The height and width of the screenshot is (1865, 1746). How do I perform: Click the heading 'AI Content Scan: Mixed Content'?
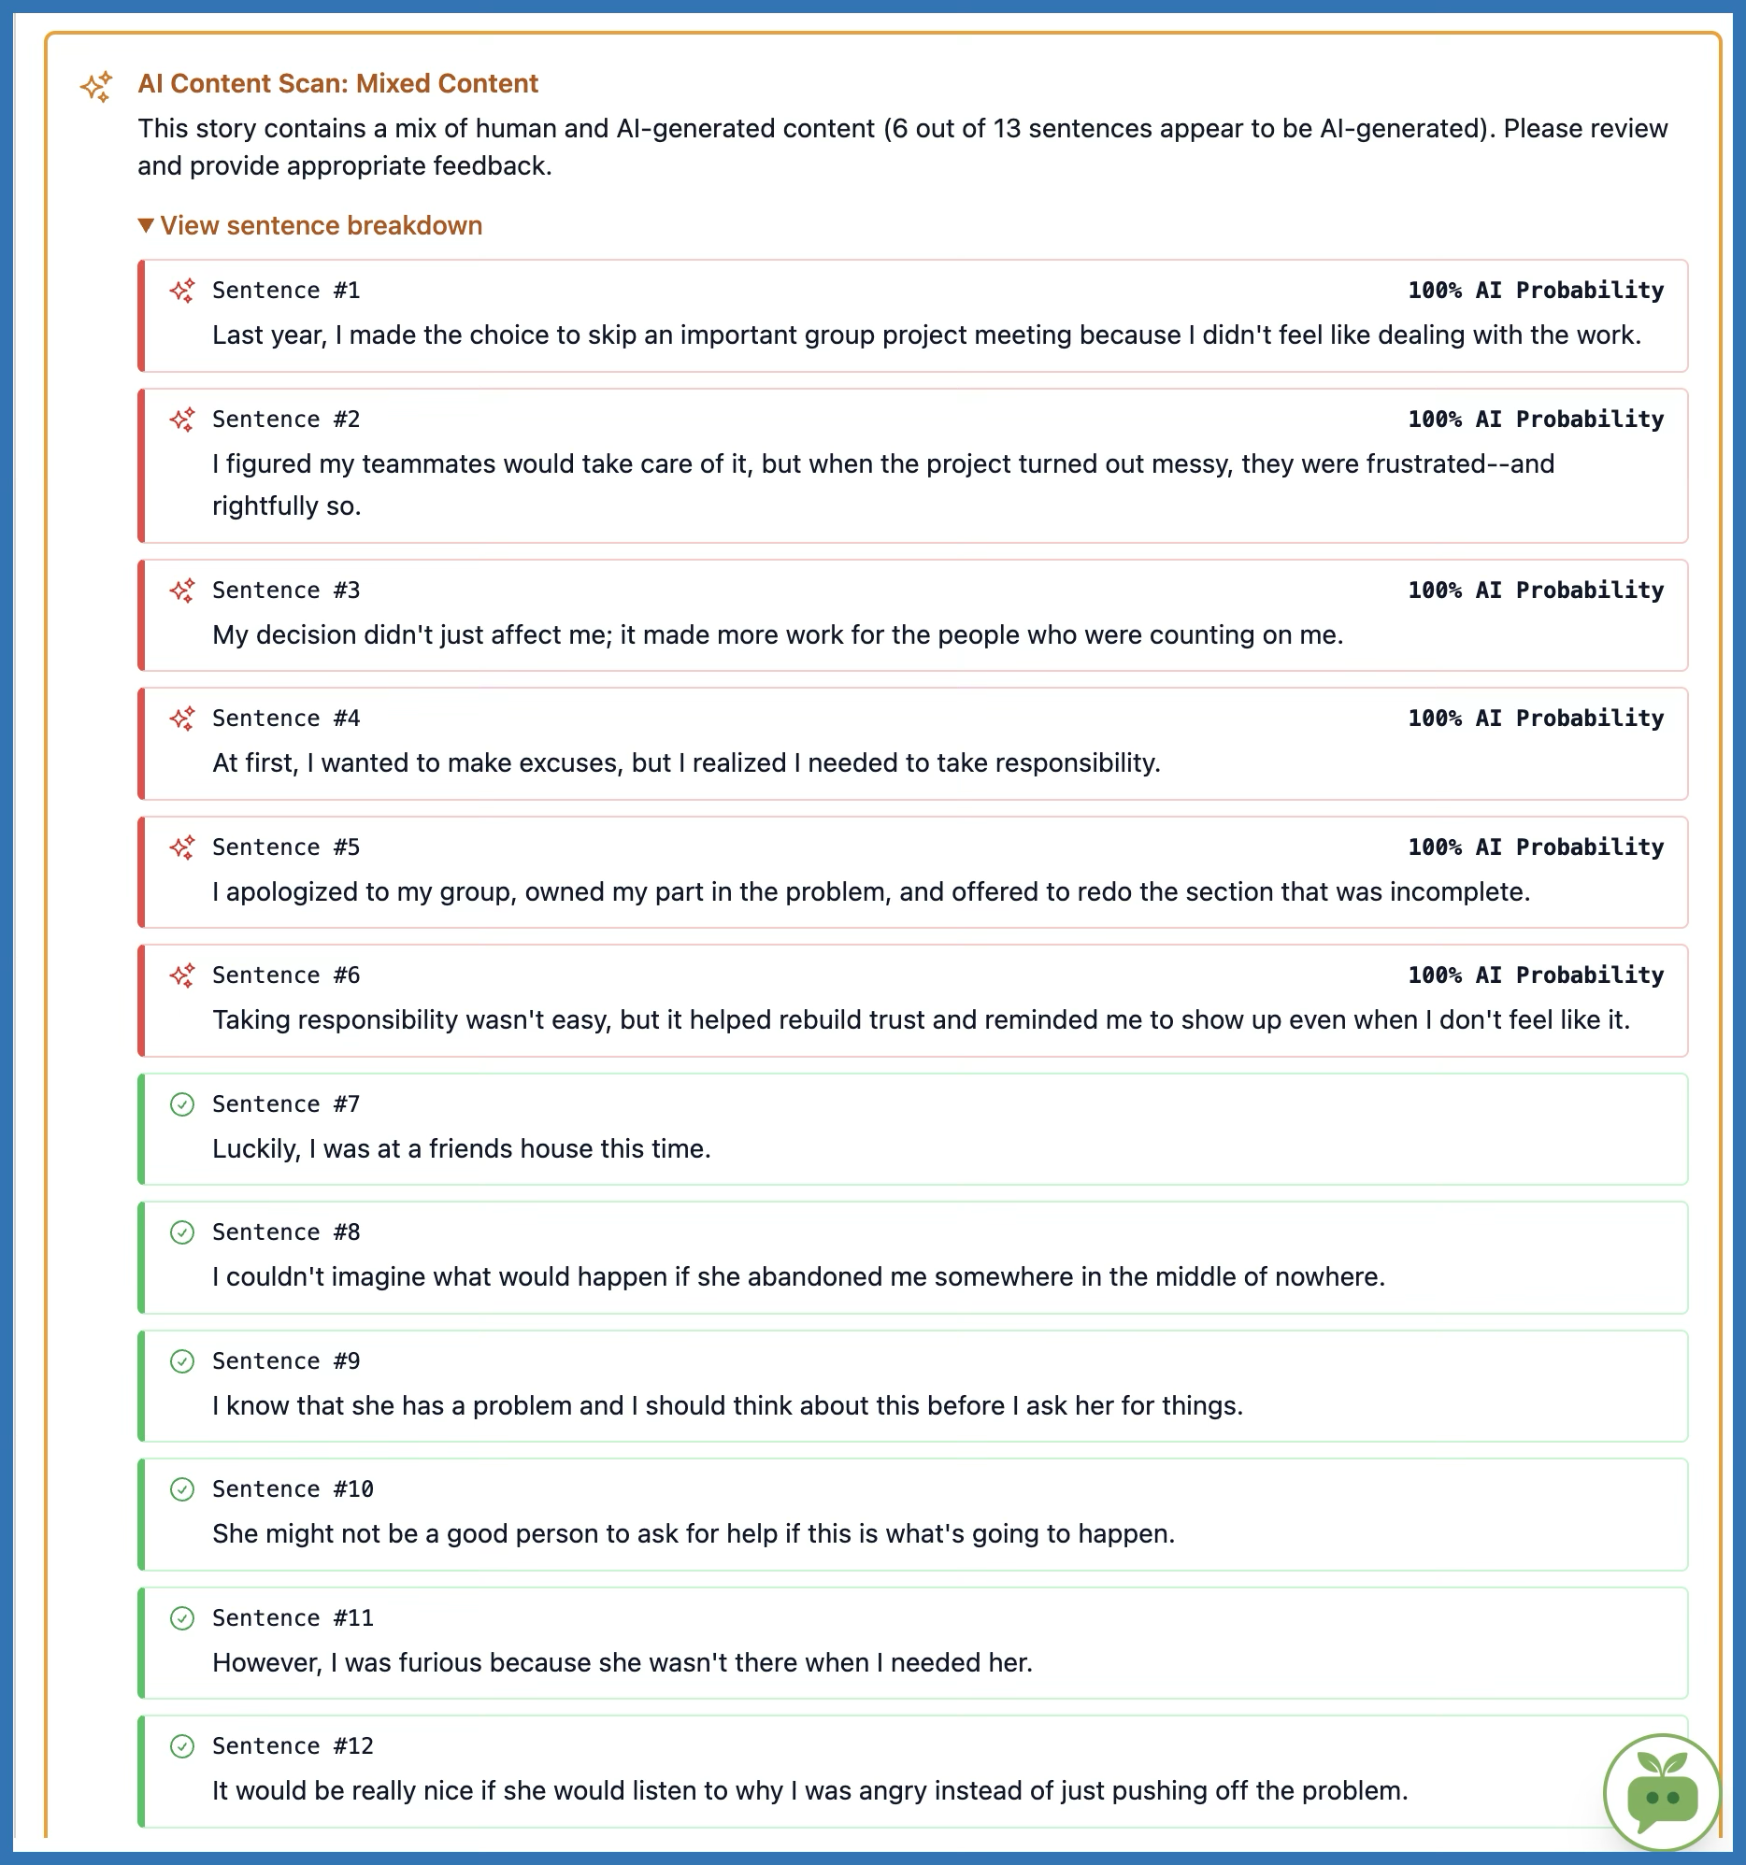(x=337, y=83)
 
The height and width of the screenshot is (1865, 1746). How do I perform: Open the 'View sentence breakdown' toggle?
(x=310, y=225)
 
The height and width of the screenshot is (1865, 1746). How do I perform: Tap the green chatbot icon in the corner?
(x=1662, y=1793)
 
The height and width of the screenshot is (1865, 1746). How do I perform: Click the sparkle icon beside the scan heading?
(x=96, y=86)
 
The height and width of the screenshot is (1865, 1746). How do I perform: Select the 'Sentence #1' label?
(x=286, y=290)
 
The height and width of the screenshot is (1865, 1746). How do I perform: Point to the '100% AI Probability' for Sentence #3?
(x=1535, y=591)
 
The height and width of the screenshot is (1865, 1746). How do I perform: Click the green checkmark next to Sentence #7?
(x=182, y=1104)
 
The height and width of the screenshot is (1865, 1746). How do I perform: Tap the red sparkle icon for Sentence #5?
(x=182, y=847)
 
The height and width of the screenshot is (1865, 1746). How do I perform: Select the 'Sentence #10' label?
(x=293, y=1488)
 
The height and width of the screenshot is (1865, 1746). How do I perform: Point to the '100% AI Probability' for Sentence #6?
(x=1535, y=975)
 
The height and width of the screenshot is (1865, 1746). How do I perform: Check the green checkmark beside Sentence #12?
(x=182, y=1745)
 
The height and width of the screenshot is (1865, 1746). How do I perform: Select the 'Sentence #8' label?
(x=286, y=1231)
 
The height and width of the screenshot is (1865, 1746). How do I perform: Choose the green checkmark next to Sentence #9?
(x=182, y=1361)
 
